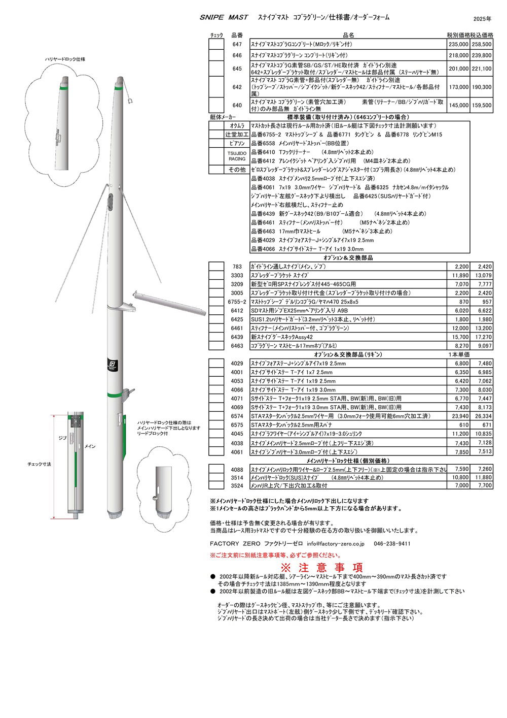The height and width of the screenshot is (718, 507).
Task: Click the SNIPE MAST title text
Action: click(224, 17)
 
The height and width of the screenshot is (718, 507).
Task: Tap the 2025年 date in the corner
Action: click(482, 19)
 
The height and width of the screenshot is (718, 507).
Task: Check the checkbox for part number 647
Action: click(216, 45)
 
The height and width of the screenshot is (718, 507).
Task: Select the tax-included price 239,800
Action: click(481, 55)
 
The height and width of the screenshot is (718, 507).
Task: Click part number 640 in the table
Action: click(237, 106)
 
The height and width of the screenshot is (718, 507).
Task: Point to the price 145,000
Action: click(458, 106)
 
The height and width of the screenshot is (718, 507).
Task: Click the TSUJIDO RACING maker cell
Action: click(237, 156)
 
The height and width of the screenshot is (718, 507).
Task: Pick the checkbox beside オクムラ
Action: click(216, 125)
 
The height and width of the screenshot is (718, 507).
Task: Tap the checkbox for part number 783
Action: click(216, 266)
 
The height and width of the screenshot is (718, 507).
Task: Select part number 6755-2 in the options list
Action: click(237, 302)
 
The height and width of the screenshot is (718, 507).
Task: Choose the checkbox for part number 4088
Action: click(216, 469)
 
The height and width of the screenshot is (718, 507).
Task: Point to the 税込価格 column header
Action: click(481, 36)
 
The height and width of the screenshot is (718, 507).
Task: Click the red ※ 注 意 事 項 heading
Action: click(322, 567)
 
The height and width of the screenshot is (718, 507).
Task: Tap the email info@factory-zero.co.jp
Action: click(335, 543)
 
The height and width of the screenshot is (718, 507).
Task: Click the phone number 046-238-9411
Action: click(392, 543)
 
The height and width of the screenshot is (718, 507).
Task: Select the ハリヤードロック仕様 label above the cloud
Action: click(65, 59)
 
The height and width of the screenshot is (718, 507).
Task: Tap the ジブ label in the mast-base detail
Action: click(63, 437)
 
